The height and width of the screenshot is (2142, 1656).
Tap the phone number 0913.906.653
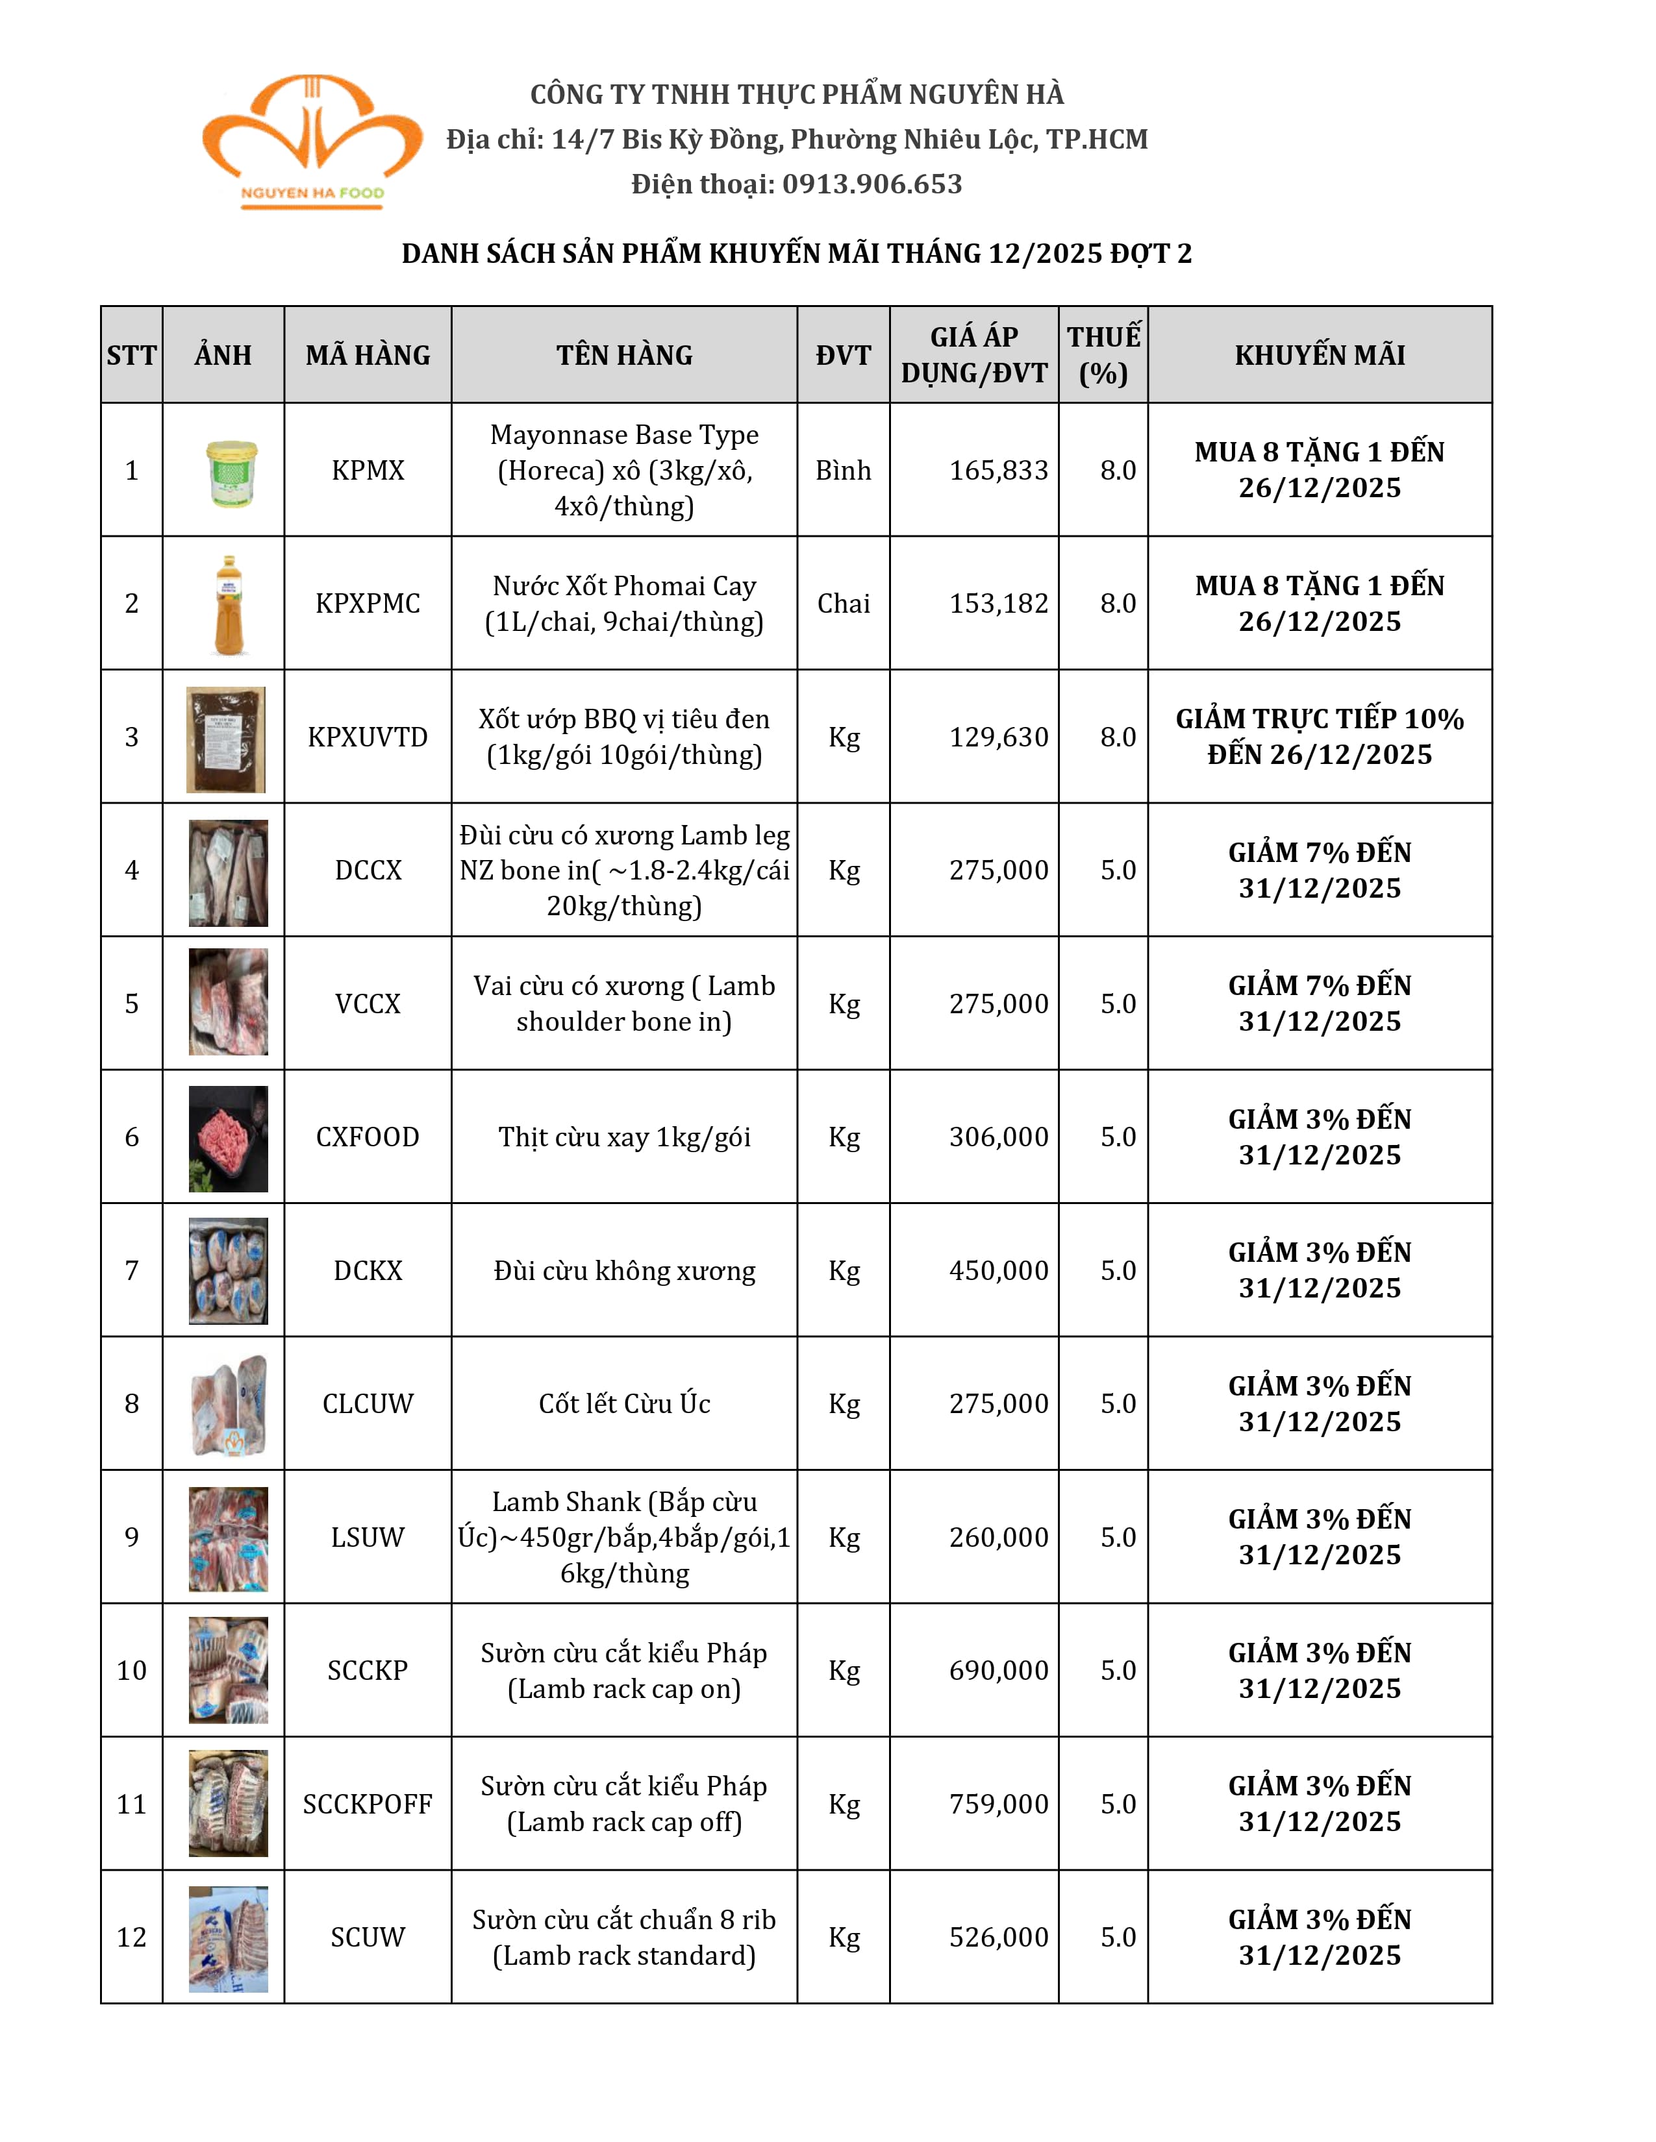click(871, 184)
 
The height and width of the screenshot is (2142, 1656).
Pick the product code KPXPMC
click(368, 603)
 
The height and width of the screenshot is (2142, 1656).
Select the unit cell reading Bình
click(843, 471)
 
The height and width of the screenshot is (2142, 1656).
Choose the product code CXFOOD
click(368, 1137)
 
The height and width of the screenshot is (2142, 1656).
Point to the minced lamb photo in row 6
click(229, 1139)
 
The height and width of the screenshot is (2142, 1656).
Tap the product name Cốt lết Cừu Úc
click(624, 1403)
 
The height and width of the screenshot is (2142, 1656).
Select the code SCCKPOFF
click(368, 1804)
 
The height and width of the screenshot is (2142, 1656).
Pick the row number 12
click(131, 1937)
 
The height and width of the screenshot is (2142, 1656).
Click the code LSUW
click(368, 1537)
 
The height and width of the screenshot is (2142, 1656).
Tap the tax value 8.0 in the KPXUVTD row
click(1118, 737)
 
